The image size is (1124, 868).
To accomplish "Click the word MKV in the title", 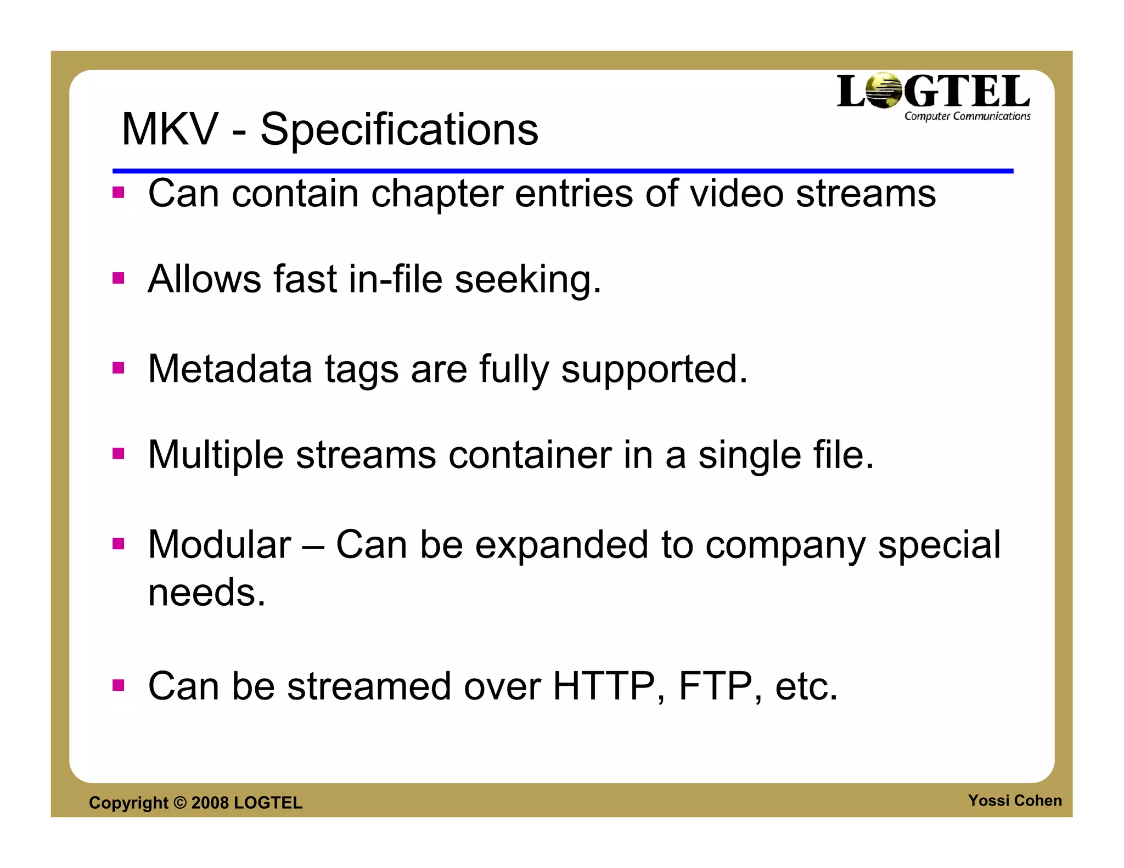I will point(170,129).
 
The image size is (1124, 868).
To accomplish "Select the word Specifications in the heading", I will point(399,131).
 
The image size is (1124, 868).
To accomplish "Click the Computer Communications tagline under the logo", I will point(967,116).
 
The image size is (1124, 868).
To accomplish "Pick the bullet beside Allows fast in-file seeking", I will point(119,278).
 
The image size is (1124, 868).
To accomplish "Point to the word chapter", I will point(437,194).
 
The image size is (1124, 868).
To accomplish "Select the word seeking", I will point(528,280).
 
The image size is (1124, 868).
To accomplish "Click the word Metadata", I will point(230,369).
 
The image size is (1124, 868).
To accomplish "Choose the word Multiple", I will point(216,455).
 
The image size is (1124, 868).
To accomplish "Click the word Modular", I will point(220,545).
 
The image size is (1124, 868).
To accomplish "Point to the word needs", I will point(207,593).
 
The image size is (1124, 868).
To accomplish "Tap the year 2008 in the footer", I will point(210,803).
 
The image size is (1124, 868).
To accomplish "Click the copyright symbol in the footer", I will point(180,803).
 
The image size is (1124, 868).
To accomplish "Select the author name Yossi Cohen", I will point(1015,801).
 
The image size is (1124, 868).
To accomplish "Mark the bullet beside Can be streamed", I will point(119,685).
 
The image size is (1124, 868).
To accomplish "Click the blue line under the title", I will point(563,171).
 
